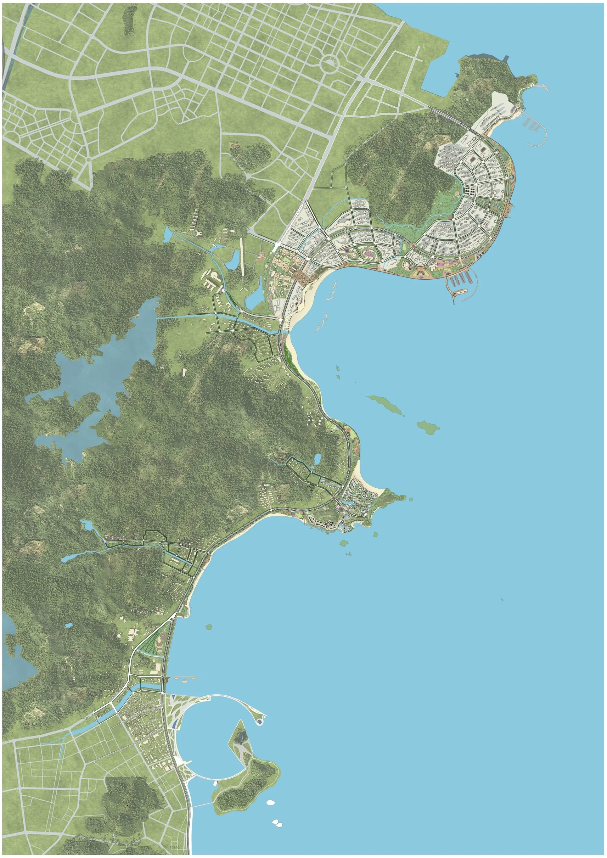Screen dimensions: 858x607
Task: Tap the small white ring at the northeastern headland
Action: click(532, 85)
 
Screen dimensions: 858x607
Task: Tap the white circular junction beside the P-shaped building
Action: click(223, 291)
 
